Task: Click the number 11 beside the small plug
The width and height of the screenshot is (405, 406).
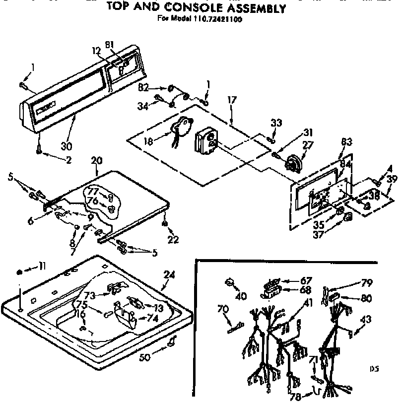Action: (x=43, y=267)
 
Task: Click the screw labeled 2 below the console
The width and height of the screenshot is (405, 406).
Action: (x=38, y=150)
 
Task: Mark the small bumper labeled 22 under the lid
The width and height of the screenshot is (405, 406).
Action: (x=164, y=224)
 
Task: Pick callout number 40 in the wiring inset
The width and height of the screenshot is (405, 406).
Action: (x=241, y=297)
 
